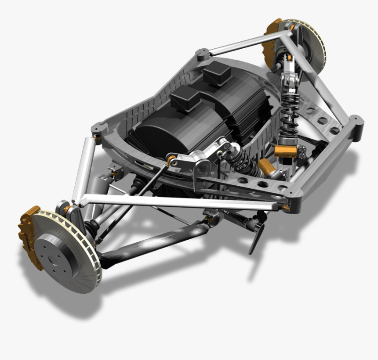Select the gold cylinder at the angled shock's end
tap(266, 167)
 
